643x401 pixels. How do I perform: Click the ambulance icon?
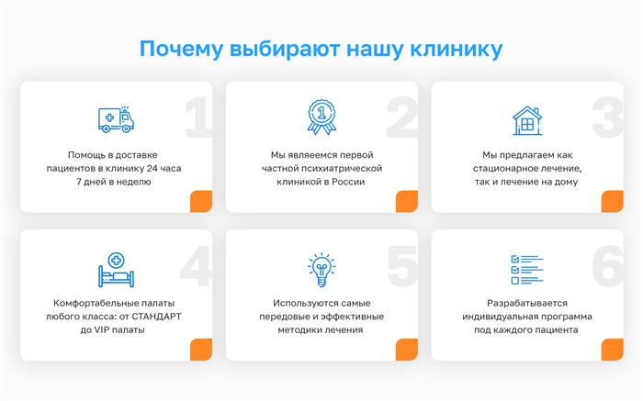[116, 119]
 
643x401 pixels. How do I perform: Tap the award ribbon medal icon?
[321, 117]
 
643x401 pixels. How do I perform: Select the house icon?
[527, 120]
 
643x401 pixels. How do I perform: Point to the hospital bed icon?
[116, 270]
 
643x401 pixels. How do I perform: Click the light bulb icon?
[321, 270]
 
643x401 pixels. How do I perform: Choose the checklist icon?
[527, 270]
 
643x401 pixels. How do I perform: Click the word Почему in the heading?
[182, 50]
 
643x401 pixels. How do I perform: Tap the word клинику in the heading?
[457, 50]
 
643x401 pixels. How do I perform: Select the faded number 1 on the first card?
[197, 117]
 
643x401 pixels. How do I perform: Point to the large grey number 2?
[402, 117]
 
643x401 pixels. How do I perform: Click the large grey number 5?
[402, 266]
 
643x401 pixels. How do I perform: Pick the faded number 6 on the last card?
[608, 266]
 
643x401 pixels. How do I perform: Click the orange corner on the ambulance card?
[201, 202]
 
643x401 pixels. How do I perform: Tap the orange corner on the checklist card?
[613, 350]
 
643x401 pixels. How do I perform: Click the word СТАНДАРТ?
[156, 317]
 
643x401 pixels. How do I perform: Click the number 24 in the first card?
[152, 168]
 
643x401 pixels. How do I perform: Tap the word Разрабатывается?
[527, 304]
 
